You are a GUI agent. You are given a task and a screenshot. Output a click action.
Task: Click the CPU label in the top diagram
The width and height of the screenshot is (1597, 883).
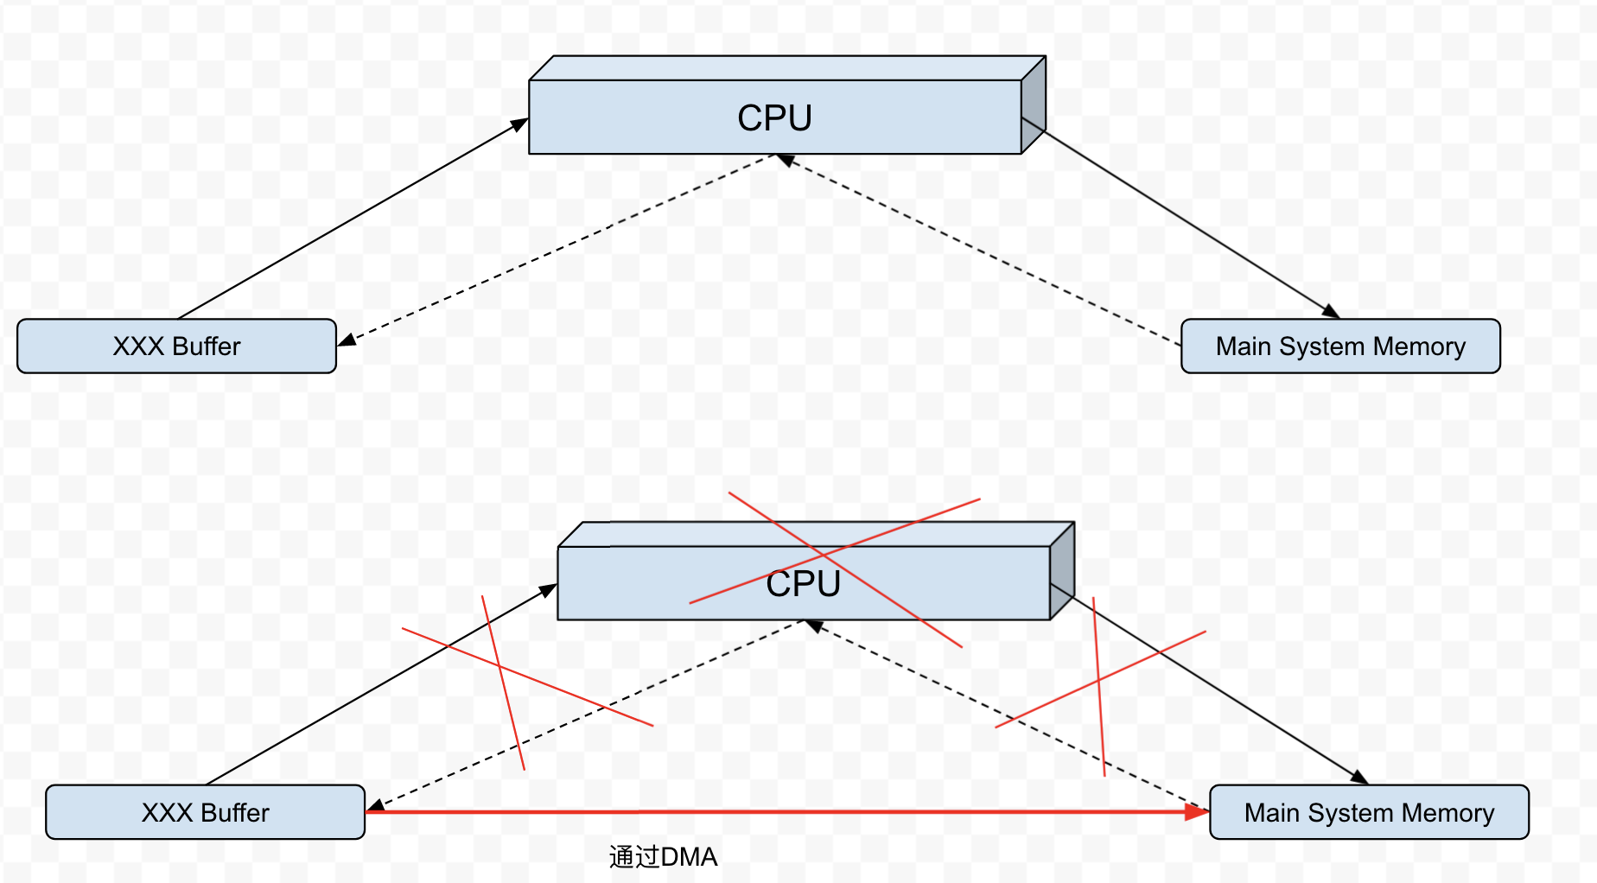tap(774, 118)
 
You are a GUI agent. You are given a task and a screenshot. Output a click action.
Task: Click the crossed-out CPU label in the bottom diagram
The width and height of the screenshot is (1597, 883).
tap(803, 584)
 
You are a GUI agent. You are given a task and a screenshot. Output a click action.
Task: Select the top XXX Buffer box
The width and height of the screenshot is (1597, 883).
tap(176, 346)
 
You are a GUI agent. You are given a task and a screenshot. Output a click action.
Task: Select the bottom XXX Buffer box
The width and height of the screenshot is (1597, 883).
tap(205, 812)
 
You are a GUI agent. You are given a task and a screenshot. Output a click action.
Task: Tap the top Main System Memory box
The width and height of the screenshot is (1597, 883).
tap(1340, 346)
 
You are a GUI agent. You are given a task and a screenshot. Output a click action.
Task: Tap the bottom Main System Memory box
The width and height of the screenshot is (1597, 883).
tap(1369, 812)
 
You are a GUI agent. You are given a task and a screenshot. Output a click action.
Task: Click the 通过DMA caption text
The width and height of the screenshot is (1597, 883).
tap(663, 857)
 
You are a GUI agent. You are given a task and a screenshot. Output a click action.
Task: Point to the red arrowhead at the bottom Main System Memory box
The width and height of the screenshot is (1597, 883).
tap(1198, 812)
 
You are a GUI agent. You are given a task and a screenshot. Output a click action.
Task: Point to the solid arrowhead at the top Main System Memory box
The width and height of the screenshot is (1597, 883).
tap(1331, 312)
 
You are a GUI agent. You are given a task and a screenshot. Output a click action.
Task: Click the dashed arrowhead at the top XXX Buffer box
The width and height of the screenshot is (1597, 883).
tap(347, 340)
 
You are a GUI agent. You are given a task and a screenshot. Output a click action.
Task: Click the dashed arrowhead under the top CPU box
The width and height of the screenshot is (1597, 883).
tap(786, 159)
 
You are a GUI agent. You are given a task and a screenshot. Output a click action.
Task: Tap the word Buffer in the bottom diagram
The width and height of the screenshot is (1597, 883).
tap(235, 812)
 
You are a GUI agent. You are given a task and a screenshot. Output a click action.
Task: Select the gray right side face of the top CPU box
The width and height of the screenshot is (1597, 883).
tap(1034, 105)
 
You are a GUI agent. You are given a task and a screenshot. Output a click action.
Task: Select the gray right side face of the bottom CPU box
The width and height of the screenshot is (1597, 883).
tap(1062, 571)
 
